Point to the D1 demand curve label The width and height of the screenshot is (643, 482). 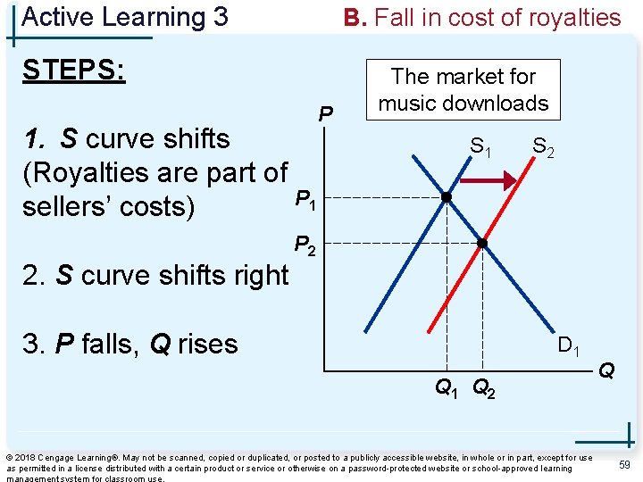pyautogui.click(x=570, y=345)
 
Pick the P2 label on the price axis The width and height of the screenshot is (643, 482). pyautogui.click(x=305, y=245)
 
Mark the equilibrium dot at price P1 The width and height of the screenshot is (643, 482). pyautogui.click(x=446, y=197)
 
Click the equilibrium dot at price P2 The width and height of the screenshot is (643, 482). pyautogui.click(x=481, y=242)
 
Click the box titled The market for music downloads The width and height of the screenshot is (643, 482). pyautogui.click(x=463, y=90)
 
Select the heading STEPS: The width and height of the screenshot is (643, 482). pyautogui.click(x=74, y=70)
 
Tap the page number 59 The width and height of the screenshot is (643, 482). pyautogui.click(x=624, y=464)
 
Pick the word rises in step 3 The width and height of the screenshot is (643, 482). pyautogui.click(x=207, y=344)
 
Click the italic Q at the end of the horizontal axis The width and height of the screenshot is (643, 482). pyautogui.click(x=606, y=368)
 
